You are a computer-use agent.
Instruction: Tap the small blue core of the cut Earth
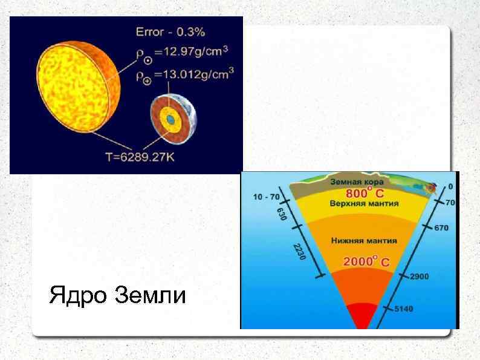pos(172,121)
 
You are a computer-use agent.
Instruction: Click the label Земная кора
pos(352,182)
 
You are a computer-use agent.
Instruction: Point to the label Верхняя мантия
pos(359,204)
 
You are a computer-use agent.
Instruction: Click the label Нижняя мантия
pos(364,240)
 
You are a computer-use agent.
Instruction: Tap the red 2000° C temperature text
pos(366,262)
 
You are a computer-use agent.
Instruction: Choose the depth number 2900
pos(420,277)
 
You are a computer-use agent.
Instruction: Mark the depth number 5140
pos(403,309)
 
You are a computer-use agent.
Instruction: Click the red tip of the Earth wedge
pos(361,318)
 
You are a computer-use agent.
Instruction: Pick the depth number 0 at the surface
pos(449,187)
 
